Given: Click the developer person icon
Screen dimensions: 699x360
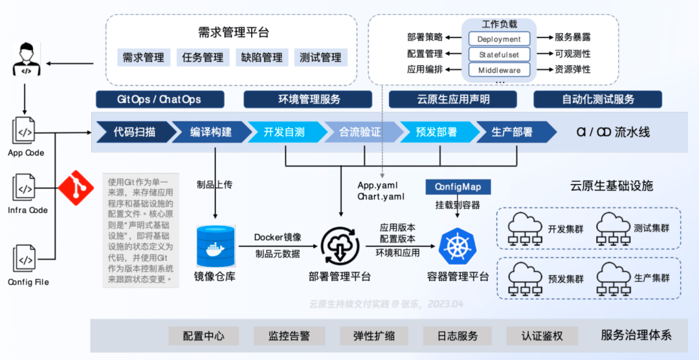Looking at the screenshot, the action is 25,58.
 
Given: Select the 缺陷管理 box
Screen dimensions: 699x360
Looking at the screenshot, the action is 261,58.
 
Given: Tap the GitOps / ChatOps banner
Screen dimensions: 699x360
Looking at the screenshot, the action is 159,100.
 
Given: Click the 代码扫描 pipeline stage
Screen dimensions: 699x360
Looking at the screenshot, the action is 132,132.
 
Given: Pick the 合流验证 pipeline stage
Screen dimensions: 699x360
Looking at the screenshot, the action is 361,132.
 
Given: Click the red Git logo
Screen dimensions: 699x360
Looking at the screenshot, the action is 76,188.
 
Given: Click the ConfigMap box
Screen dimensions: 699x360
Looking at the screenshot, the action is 458,187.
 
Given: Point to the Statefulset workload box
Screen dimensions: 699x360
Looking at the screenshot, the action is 499,54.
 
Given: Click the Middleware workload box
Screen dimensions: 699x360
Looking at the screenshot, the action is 499,70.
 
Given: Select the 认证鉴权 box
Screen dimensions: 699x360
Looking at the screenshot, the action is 542,336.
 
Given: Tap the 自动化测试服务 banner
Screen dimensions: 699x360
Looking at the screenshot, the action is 598,100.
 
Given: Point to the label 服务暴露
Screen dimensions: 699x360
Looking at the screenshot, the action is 572,38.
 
